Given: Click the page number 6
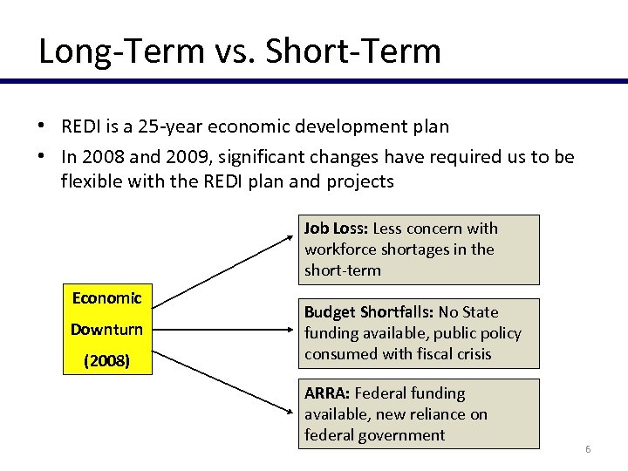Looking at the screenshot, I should (588, 449).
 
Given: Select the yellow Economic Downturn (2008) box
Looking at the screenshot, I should (107, 329).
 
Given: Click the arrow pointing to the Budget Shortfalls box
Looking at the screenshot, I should (231, 329).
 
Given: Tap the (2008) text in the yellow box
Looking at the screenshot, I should (106, 360).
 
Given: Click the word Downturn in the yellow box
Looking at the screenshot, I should (106, 330).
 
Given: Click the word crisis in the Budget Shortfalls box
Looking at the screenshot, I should (471, 354).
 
